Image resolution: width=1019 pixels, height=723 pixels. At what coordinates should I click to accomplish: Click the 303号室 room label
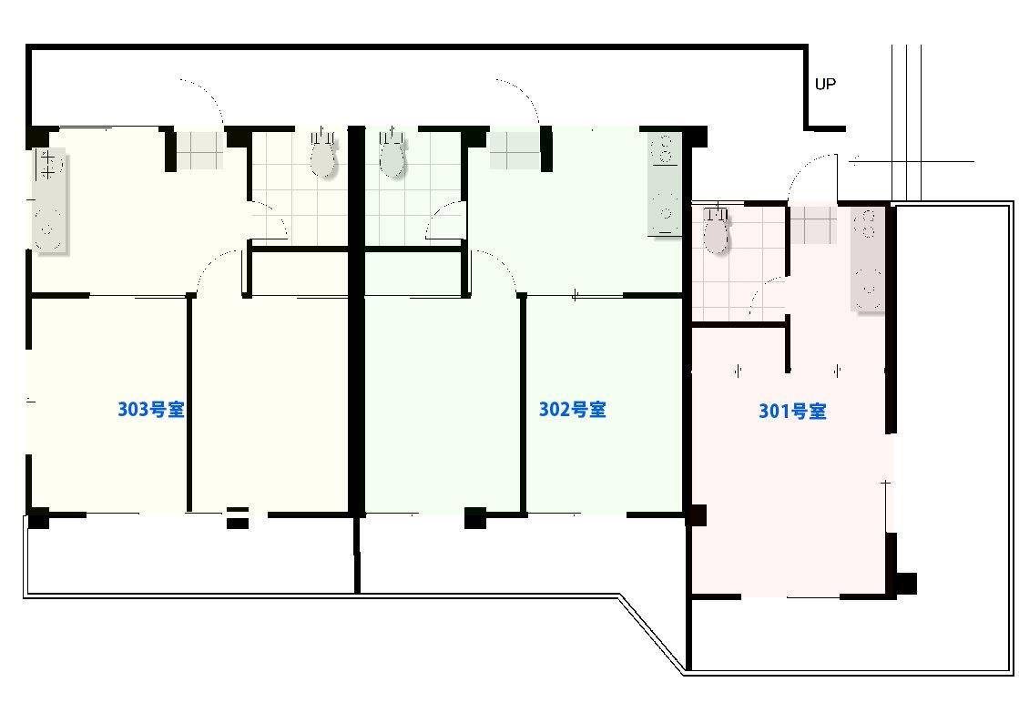[x=151, y=409]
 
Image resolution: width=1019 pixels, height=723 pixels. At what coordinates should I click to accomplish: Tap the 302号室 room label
[x=572, y=409]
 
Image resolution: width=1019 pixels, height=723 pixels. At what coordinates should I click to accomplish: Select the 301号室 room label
[x=792, y=412]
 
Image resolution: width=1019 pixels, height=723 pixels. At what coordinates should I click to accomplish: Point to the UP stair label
[x=825, y=84]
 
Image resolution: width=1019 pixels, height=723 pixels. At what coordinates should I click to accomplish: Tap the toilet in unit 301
[x=716, y=230]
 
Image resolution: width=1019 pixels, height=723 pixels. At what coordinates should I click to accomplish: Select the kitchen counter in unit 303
[x=49, y=199]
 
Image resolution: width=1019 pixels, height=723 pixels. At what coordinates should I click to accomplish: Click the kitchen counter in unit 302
[x=665, y=184]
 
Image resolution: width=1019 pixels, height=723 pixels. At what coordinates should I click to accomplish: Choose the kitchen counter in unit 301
[x=868, y=260]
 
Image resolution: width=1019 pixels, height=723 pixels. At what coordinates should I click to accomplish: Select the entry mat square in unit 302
[x=515, y=151]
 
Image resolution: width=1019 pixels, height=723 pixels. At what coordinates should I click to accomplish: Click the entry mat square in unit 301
[x=812, y=226]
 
